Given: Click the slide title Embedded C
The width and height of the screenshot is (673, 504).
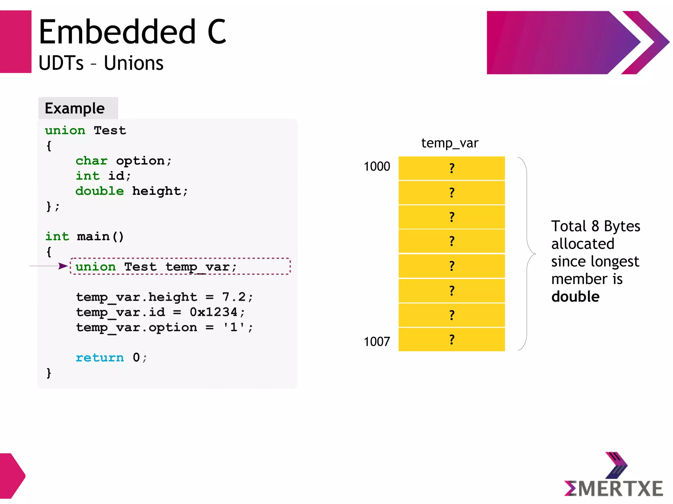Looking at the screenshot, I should coord(132,32).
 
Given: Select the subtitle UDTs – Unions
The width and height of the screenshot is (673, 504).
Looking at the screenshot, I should coord(101,63).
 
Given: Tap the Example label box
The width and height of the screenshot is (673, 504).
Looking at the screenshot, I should coord(78,108).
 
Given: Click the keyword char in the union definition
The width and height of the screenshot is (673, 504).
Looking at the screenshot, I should coord(91,161).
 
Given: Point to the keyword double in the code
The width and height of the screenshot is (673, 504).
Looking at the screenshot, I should coord(100,191).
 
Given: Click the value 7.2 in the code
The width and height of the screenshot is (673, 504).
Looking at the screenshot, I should coord(234,297).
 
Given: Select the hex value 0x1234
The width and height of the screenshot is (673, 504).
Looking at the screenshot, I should coord(213,312).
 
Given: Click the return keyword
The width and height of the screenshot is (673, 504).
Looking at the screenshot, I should coord(100,357).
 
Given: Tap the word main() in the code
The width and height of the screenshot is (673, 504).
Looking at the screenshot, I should coord(100,236).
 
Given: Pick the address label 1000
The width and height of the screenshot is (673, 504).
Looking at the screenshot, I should coord(377,166).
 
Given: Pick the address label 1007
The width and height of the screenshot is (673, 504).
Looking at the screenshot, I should coord(377,341).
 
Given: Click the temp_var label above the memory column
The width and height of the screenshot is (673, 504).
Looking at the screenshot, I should coord(450,143).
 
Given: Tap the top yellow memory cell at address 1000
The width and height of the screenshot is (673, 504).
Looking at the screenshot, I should coord(452,168).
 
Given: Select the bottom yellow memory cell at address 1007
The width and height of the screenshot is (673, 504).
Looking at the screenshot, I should coord(452,340).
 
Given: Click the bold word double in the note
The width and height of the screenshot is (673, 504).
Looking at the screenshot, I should coord(575,296).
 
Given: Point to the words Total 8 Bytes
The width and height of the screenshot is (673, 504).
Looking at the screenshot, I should coord(595,226).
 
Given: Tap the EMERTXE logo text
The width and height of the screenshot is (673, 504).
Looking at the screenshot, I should coord(614,489).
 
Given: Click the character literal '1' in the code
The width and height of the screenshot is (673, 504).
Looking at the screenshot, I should coord(234,327).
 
